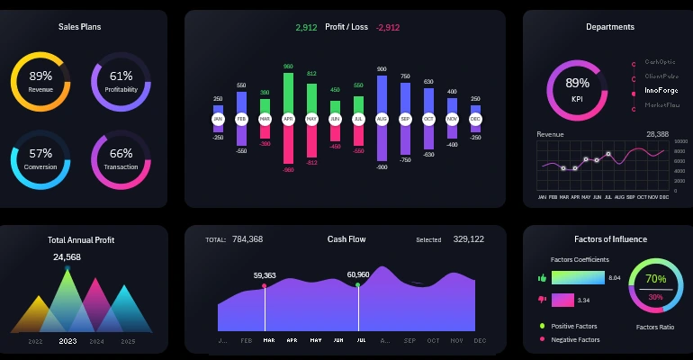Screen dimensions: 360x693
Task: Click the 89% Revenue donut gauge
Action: tap(40, 81)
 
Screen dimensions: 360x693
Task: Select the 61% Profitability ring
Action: tap(121, 81)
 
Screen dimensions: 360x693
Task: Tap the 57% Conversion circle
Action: tap(40, 158)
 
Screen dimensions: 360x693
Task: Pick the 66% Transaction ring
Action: tap(121, 158)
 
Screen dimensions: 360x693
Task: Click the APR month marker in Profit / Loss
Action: tap(288, 119)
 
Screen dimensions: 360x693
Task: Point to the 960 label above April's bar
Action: tap(288, 67)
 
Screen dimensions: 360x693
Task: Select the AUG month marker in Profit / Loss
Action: tap(382, 119)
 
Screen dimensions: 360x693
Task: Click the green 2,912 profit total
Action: tap(306, 28)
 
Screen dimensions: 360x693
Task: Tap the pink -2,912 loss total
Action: tap(388, 28)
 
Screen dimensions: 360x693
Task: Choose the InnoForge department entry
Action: tap(661, 91)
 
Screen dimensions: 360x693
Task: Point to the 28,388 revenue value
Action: tap(657, 134)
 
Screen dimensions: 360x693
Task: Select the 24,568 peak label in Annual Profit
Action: tap(67, 257)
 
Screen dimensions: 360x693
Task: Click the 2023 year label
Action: tap(67, 342)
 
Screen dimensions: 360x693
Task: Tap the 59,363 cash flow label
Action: tap(265, 275)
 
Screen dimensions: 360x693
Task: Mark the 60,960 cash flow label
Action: tap(358, 274)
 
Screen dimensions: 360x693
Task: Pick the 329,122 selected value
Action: tap(468, 239)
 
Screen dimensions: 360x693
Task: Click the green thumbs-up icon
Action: tap(542, 279)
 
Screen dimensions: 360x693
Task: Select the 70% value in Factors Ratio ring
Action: tap(655, 279)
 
